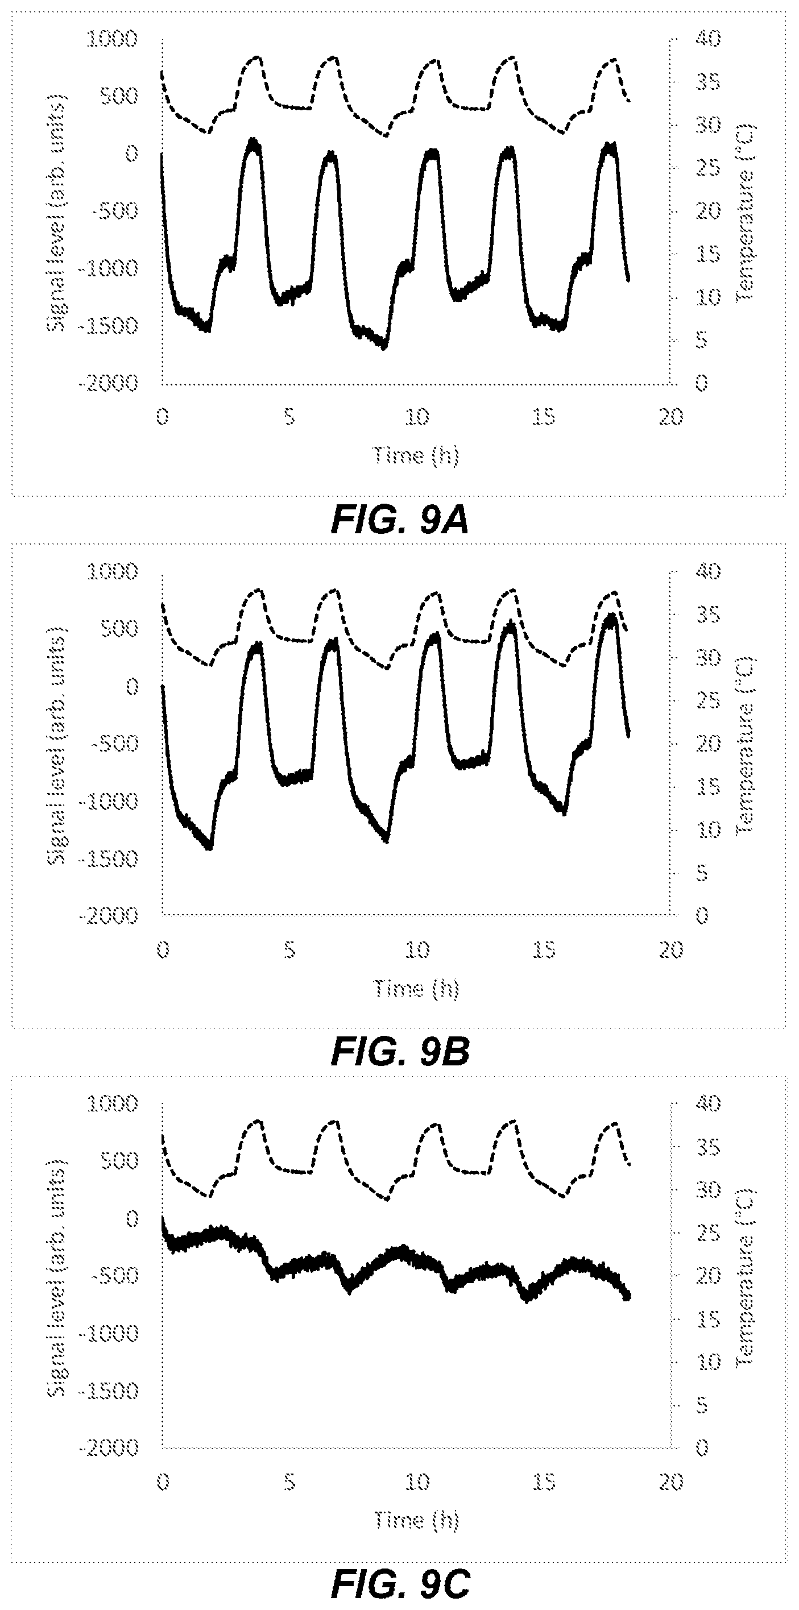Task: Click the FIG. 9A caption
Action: click(x=399, y=521)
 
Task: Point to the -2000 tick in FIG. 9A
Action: click(x=107, y=383)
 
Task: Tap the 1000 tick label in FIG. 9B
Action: click(x=112, y=571)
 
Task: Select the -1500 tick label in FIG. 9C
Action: click(x=107, y=1391)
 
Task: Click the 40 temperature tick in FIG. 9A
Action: click(x=707, y=39)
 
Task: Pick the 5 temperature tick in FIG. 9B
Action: click(x=702, y=873)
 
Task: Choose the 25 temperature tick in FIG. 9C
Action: click(x=707, y=1234)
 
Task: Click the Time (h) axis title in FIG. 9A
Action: click(x=416, y=455)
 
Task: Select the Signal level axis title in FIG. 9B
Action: click(x=57, y=744)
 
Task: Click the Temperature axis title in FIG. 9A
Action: click(x=746, y=213)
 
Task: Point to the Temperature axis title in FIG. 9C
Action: click(x=746, y=1278)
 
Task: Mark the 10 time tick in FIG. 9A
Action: click(x=416, y=417)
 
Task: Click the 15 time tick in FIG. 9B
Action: click(x=544, y=950)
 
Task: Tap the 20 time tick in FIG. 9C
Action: click(x=672, y=1482)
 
